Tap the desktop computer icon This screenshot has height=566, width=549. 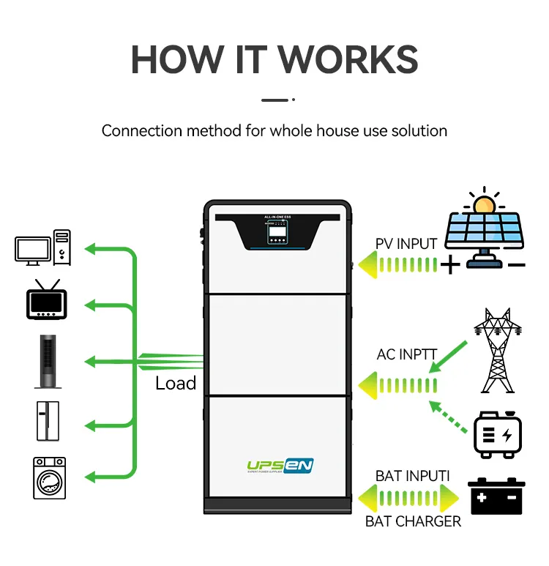43,247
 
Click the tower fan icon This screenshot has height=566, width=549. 45,362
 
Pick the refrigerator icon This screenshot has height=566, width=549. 45,420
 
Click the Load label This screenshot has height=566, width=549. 176,383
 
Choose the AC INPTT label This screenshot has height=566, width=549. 407,354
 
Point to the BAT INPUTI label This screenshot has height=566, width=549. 412,476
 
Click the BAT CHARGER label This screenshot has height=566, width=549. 413,521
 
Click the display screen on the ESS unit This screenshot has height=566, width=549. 277,234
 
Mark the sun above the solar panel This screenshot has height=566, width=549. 483,203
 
